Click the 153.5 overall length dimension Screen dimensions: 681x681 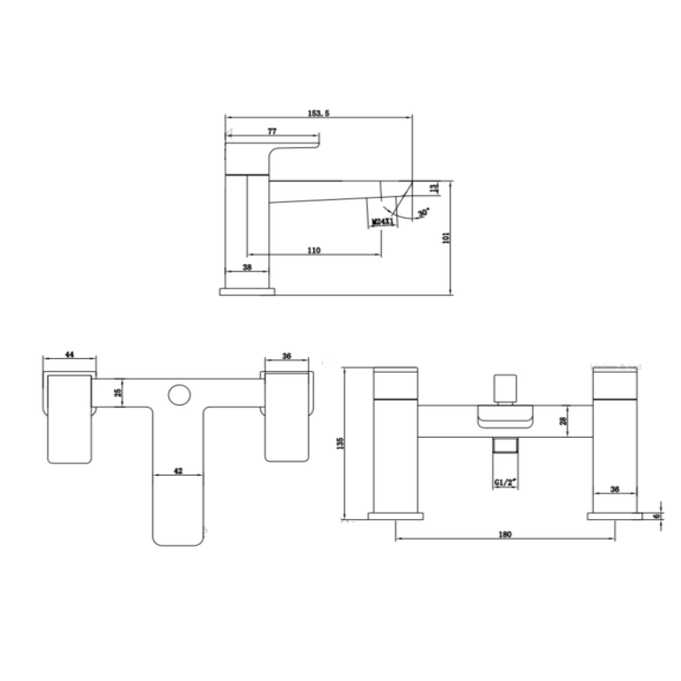click(318, 113)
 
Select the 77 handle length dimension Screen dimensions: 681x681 click(272, 132)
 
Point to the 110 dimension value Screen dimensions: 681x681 click(314, 251)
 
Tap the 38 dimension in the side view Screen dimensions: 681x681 click(247, 267)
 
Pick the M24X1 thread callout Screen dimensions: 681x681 click(382, 222)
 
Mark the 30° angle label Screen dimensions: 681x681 click(423, 212)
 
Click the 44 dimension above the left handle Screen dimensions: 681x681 click(70, 355)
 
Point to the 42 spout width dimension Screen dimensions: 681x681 click(178, 471)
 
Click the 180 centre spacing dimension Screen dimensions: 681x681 click(505, 535)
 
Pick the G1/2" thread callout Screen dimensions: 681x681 click(505, 483)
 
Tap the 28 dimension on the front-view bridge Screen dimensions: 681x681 click(563, 421)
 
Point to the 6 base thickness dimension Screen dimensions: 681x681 click(656, 516)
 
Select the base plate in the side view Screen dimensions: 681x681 click(247, 291)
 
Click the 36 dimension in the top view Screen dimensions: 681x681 click(287, 356)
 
